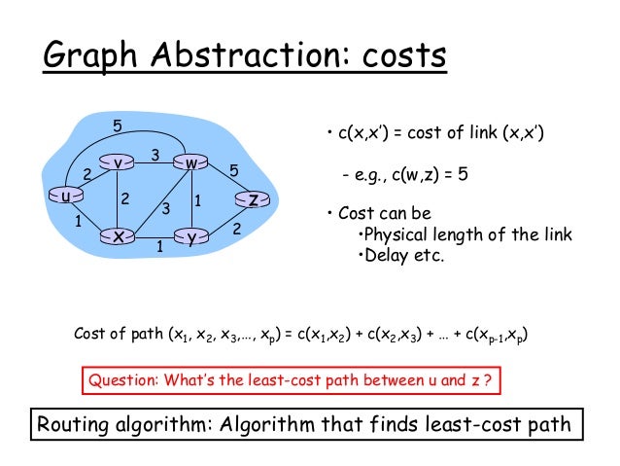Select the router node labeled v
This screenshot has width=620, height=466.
[117, 163]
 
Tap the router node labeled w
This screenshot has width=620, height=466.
[192, 163]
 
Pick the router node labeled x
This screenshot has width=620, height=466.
[118, 236]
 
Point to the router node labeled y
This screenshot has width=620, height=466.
[192, 236]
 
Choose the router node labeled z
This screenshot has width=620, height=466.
[253, 200]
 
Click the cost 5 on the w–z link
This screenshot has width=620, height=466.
[233, 170]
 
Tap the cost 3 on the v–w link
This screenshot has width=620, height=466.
[155, 155]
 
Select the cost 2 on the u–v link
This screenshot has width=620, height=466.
[86, 174]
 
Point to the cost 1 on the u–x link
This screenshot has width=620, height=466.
[78, 222]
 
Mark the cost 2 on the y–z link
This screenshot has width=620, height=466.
[236, 229]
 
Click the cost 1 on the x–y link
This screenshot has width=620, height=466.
[158, 247]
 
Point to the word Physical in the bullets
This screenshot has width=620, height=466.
[398, 236]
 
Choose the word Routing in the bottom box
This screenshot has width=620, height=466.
[76, 425]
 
